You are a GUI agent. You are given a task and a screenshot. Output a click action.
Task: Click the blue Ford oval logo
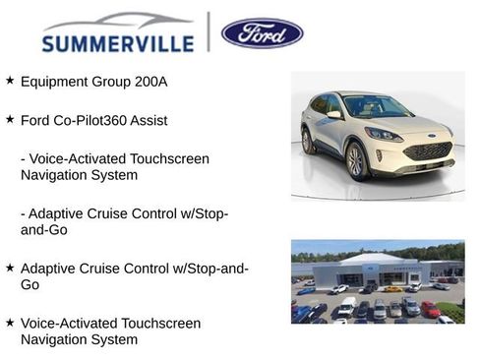click(262, 32)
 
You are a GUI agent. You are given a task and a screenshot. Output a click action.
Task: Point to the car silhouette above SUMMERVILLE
click(118, 22)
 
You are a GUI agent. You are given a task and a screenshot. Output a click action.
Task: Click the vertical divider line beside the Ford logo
click(209, 31)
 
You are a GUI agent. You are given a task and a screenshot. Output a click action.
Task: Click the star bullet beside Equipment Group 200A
click(10, 81)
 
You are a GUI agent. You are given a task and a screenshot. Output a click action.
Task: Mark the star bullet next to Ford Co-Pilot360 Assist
click(10, 119)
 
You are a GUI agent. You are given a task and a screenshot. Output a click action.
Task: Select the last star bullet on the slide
click(10, 323)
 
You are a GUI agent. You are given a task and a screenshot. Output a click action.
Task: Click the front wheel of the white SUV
click(356, 161)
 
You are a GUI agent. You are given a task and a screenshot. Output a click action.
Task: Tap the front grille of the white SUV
click(427, 150)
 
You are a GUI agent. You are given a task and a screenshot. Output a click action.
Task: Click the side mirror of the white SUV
click(335, 115)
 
